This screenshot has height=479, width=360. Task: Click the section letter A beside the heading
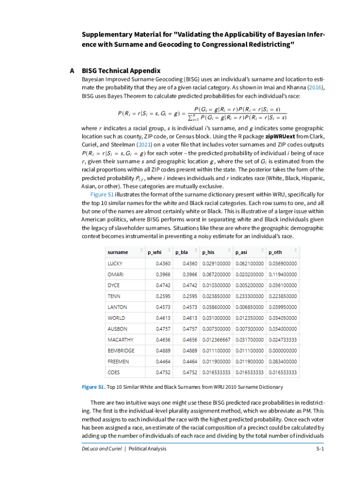[x=72, y=71]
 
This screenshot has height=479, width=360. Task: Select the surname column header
[x=118, y=252]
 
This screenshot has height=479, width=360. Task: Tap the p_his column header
[x=208, y=252]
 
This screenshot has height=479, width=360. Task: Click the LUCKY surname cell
[x=115, y=263]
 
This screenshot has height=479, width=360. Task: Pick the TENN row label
[x=114, y=296]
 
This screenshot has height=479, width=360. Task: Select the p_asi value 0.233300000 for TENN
[x=249, y=296]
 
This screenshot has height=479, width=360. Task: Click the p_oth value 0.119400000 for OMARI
[x=283, y=274]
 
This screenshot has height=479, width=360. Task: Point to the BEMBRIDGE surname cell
[x=121, y=350]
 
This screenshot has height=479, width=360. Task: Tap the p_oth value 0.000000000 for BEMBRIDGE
[x=283, y=350]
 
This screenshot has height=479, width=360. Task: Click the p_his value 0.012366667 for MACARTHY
[x=216, y=340]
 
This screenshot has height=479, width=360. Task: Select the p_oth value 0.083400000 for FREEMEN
[x=283, y=362]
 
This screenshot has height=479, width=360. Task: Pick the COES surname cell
[x=114, y=372]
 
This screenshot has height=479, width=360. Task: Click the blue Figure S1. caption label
[x=93, y=387]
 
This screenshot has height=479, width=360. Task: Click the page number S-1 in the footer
[x=320, y=449]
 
